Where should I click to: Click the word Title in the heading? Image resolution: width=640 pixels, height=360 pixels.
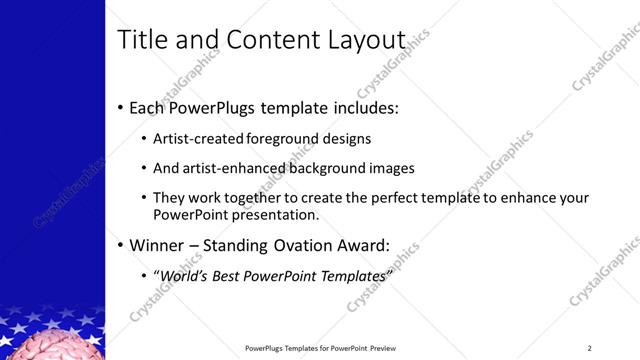click(142, 40)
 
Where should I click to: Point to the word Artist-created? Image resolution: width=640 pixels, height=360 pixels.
click(200, 139)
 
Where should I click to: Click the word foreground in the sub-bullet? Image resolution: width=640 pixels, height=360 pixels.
click(287, 139)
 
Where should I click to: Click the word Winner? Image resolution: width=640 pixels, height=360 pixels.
click(158, 244)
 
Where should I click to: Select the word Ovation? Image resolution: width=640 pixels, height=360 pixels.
click(301, 244)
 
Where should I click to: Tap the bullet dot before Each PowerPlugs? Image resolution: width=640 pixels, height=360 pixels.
click(121, 107)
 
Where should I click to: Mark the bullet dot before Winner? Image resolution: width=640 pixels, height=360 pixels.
click(121, 245)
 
